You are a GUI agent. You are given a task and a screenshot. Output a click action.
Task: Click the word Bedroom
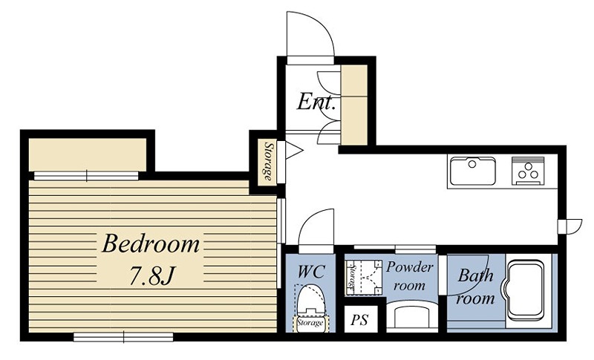[x=151, y=243]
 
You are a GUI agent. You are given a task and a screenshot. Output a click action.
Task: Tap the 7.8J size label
[x=151, y=275]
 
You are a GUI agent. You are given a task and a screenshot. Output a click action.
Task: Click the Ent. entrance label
[x=316, y=102]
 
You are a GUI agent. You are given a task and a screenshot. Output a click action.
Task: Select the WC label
[x=311, y=272]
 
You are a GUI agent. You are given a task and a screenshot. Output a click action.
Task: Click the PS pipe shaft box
[x=359, y=320]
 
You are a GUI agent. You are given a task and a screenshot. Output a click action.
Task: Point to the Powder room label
[x=409, y=276]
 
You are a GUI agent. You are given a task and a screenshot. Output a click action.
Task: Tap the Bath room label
[x=476, y=287]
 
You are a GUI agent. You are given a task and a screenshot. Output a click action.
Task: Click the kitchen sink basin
[x=473, y=171]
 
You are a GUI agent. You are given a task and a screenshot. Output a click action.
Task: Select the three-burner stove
[x=528, y=171]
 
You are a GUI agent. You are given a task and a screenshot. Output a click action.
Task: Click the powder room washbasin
[x=412, y=315]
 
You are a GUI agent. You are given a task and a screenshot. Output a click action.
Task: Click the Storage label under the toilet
[x=310, y=323]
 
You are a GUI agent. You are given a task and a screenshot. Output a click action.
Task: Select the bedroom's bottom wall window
[x=123, y=336]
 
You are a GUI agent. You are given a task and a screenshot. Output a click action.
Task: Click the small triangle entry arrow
[x=293, y=150]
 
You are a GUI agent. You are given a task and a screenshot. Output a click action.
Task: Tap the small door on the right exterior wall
[x=569, y=226]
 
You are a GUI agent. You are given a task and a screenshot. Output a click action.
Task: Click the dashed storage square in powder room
[x=364, y=277]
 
